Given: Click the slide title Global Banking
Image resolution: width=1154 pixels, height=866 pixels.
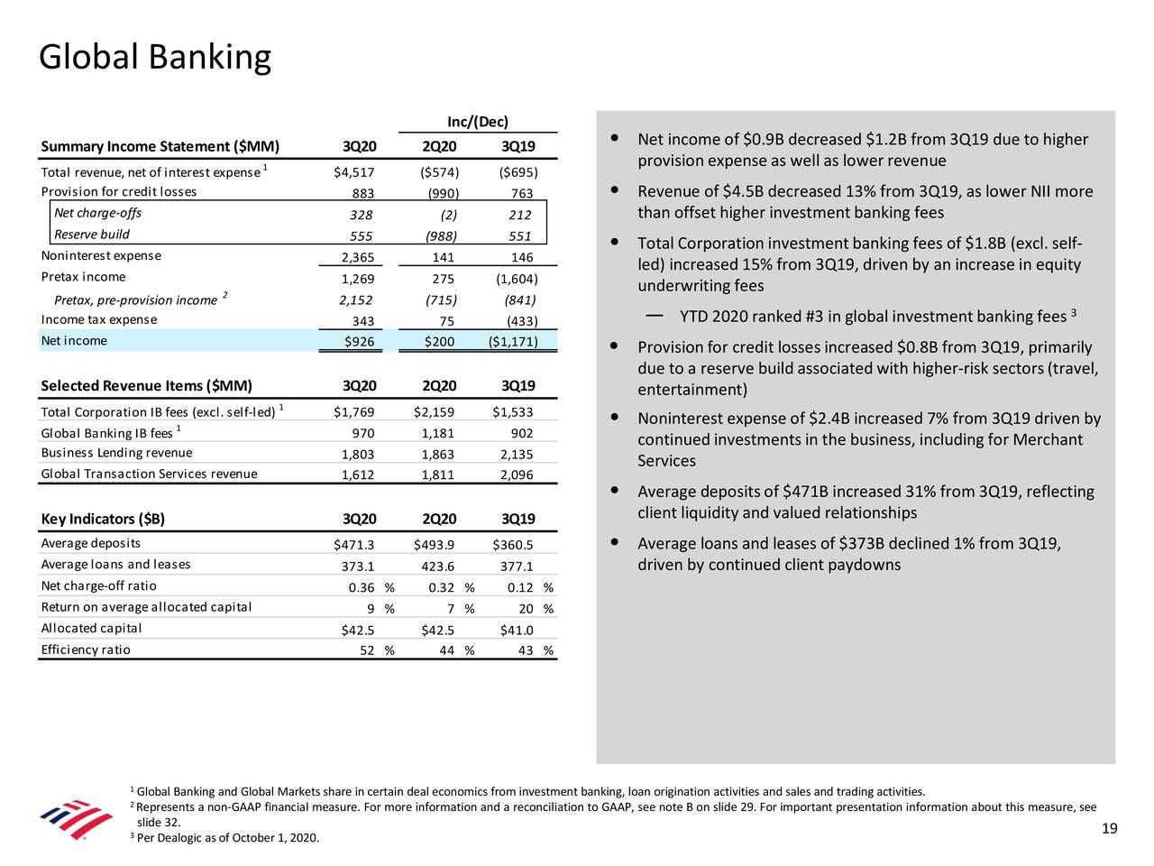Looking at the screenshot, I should (154, 58).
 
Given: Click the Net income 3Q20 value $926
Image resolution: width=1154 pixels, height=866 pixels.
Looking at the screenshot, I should (359, 341).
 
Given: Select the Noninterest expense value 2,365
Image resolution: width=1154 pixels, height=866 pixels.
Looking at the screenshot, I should (357, 258).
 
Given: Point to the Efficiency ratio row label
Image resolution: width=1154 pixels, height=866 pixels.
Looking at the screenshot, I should (86, 649).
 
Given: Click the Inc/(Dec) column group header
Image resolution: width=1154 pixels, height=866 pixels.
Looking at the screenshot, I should (478, 123).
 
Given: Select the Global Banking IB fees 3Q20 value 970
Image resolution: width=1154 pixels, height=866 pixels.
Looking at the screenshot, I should (362, 433).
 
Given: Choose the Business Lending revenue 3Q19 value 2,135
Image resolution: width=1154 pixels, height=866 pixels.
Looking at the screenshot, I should (517, 455).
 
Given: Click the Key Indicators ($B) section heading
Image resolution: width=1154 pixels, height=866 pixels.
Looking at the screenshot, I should (103, 519).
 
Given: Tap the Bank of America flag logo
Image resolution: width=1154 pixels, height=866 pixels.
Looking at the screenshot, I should (77, 819).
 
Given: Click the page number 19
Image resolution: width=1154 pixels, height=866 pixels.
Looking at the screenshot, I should (1110, 830).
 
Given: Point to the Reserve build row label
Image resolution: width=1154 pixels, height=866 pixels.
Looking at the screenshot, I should (92, 235).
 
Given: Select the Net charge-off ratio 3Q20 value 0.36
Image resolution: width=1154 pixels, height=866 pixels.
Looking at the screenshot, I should (362, 588).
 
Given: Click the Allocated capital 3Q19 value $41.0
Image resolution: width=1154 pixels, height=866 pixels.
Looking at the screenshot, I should (517, 631).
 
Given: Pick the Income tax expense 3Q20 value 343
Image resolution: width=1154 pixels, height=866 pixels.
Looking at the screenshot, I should (362, 321).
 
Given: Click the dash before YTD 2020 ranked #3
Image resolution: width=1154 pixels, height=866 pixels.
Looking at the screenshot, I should (656, 316).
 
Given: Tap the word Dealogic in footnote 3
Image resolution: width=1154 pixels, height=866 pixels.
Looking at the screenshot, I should (175, 839).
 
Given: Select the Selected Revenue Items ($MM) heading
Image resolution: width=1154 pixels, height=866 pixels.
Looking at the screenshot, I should (146, 386).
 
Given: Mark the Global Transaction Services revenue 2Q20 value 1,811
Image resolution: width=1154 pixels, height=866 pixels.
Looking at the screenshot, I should (437, 475).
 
